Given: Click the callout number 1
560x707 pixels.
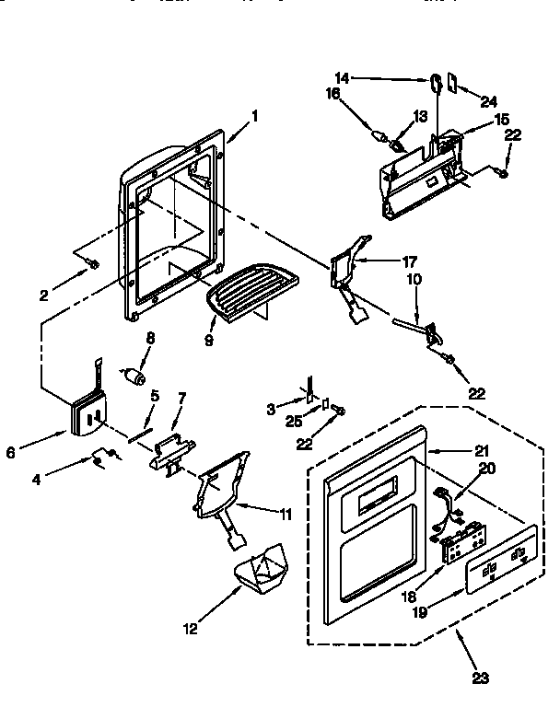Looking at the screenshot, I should (x=254, y=116).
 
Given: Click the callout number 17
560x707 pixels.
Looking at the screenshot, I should (x=385, y=261).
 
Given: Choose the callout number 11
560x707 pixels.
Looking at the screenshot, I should (x=286, y=515).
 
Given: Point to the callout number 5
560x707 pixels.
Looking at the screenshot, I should (x=154, y=396).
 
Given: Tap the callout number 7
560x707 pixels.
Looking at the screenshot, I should (x=181, y=398).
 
